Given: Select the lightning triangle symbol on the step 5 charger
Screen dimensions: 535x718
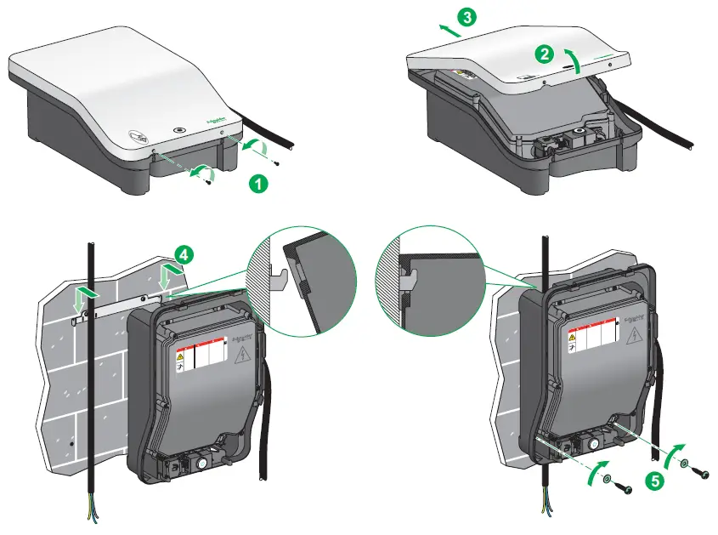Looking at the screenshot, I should pyautogui.click(x=634, y=339).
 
